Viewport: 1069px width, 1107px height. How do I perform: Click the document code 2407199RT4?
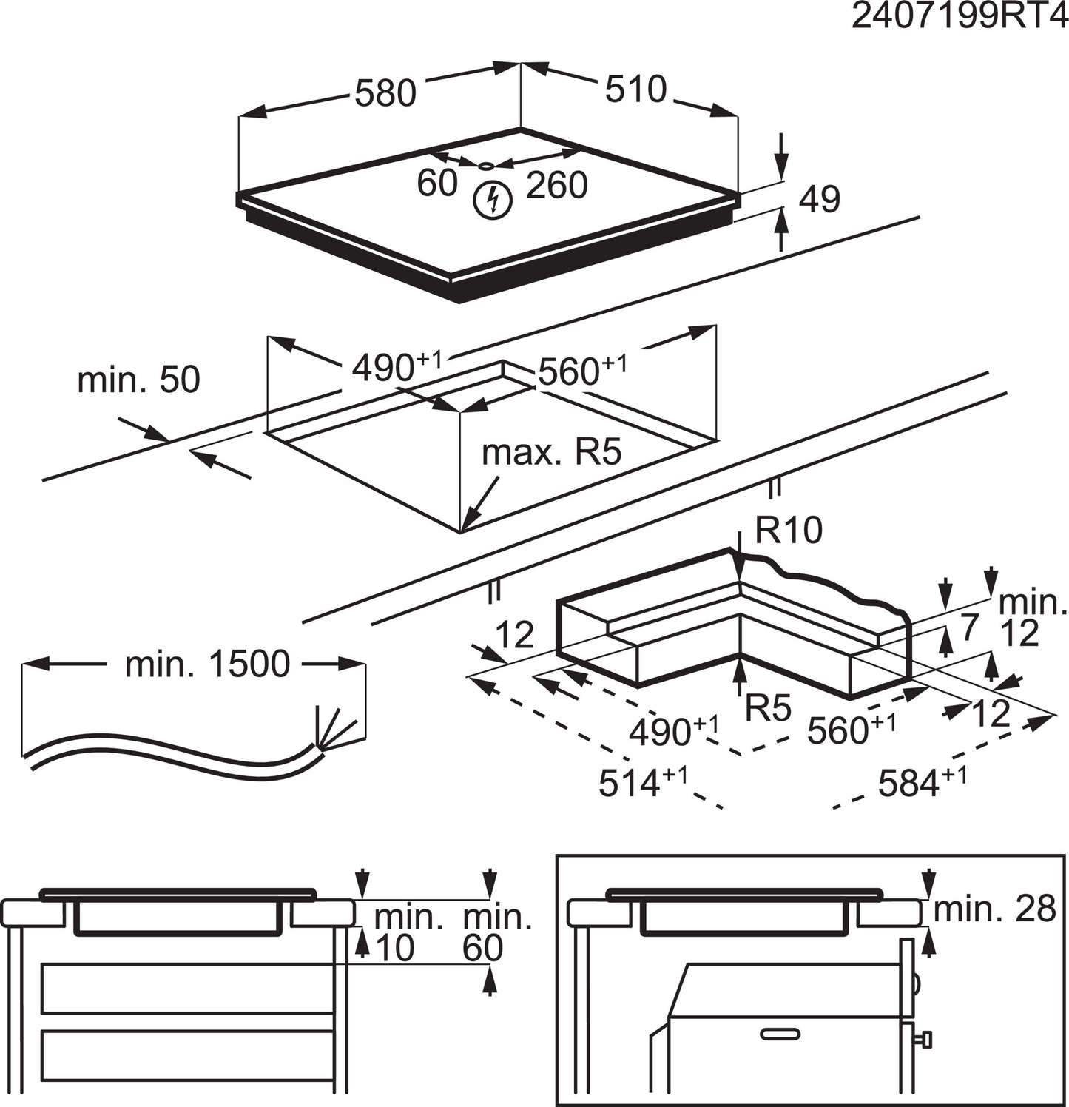click(959, 16)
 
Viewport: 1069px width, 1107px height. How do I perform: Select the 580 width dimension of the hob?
click(385, 93)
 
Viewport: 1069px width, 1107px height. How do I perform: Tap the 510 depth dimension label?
click(635, 90)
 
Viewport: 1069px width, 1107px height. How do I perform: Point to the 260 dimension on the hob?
click(556, 185)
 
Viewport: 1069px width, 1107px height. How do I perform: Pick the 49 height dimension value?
click(820, 200)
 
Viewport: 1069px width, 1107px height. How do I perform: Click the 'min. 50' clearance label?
click(138, 380)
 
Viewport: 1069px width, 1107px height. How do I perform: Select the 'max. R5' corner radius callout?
click(551, 452)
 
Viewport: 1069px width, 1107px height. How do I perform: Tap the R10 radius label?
click(789, 531)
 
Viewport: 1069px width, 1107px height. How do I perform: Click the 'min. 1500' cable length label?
click(207, 664)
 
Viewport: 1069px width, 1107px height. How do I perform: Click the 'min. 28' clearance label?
click(994, 909)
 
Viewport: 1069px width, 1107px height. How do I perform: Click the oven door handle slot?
click(781, 1033)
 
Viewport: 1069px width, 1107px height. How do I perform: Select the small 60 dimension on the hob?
click(437, 184)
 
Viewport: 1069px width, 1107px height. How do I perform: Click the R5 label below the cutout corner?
click(768, 708)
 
